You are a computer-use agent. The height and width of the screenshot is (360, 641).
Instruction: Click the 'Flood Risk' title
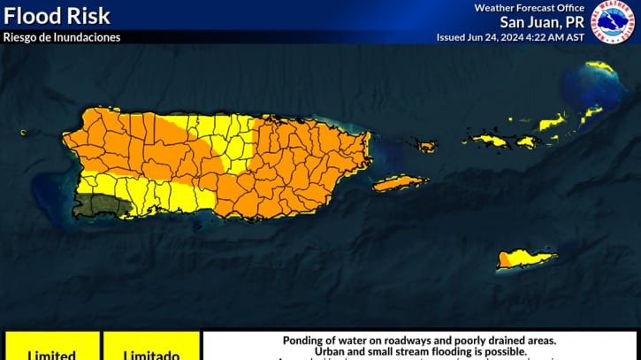(x=57, y=16)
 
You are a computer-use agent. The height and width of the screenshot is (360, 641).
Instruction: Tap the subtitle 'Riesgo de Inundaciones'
(x=62, y=37)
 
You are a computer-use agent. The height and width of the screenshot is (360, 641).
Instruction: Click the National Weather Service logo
(x=613, y=21)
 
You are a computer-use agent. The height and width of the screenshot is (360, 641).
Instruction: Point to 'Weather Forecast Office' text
(x=529, y=8)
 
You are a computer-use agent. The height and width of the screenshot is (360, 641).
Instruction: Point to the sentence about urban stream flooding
(x=420, y=351)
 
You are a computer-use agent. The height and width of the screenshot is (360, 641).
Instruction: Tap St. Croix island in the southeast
(x=527, y=258)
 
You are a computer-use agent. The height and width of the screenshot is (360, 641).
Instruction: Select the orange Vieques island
(x=400, y=183)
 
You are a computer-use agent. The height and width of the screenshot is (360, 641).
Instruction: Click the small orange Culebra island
(x=427, y=146)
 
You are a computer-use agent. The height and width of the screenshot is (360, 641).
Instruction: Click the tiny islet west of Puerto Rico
(x=23, y=133)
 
